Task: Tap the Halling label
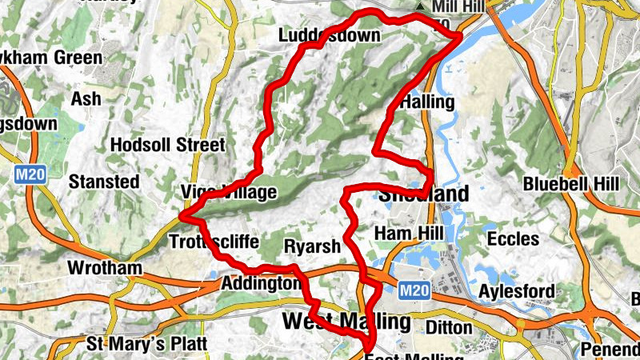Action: (x=426, y=102)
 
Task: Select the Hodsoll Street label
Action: (x=168, y=146)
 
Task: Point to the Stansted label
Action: (x=104, y=182)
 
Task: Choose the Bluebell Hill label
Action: (x=571, y=183)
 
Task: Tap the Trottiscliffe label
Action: (x=214, y=240)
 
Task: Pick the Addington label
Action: (x=259, y=283)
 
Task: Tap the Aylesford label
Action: (x=516, y=291)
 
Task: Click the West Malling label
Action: (x=346, y=322)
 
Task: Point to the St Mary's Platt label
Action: (x=147, y=344)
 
